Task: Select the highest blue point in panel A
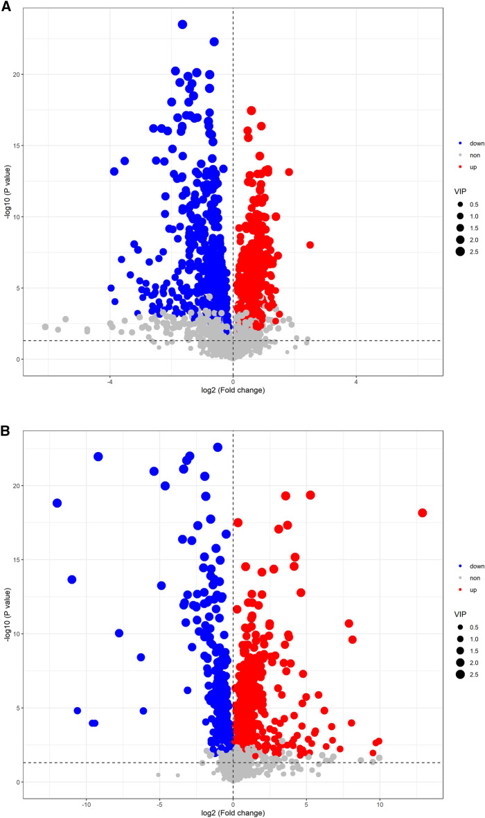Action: tap(183, 24)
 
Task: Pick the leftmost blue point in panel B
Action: tap(57, 503)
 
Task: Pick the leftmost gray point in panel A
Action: tap(45, 327)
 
